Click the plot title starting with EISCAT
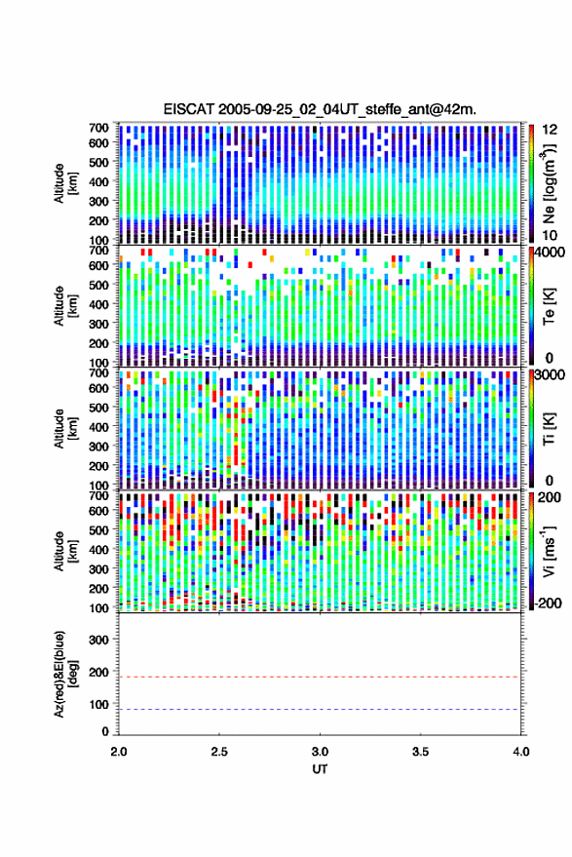[320, 109]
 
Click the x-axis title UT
[320, 769]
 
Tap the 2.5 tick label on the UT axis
[219, 752]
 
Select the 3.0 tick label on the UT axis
[320, 752]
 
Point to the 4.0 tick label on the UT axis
[520, 752]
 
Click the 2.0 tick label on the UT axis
[119, 752]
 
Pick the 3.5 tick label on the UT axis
[420, 752]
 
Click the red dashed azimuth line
[319, 677]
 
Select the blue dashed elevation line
[319, 710]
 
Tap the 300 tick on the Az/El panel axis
[98, 640]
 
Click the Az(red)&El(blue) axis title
[65, 674]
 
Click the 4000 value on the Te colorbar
[552, 253]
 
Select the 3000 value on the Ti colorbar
[552, 375]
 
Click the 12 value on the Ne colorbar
[550, 130]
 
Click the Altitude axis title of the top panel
[65, 183]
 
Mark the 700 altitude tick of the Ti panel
[98, 372]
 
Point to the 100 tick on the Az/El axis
[98, 705]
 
